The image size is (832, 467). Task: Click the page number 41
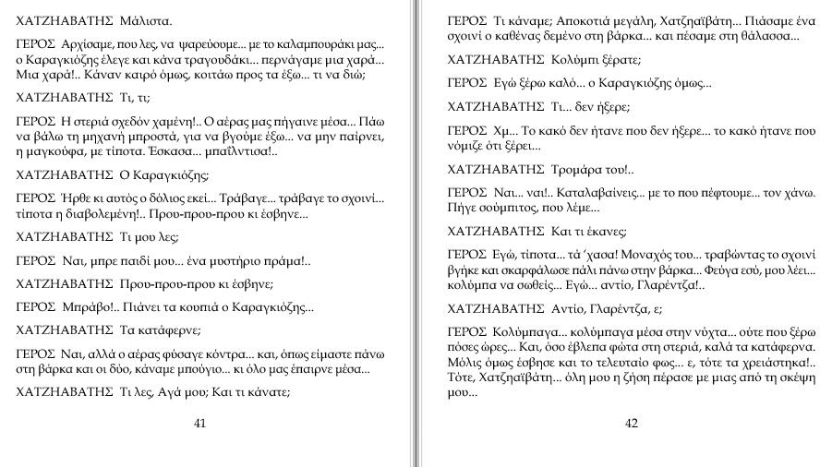pos(199,424)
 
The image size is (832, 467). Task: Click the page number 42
pos(632,424)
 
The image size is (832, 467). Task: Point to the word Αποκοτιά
pos(587,20)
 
